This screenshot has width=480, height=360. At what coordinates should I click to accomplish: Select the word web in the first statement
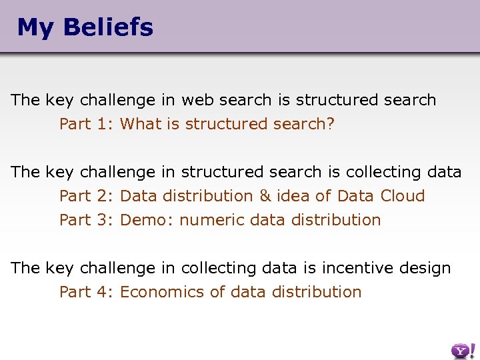[197, 100]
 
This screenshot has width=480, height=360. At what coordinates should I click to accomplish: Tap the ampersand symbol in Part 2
[266, 196]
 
